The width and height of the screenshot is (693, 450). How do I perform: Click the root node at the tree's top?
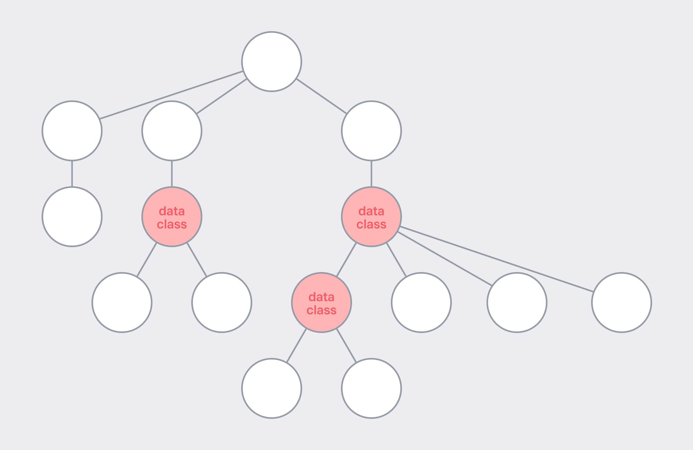pyautogui.click(x=272, y=62)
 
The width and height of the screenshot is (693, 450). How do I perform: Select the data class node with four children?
pyautogui.click(x=371, y=217)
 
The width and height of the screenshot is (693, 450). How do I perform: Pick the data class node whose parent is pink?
pyautogui.click(x=322, y=303)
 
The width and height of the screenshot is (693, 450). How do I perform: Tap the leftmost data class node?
pyautogui.click(x=172, y=217)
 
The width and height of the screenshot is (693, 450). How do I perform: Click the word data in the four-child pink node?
pyautogui.click(x=371, y=211)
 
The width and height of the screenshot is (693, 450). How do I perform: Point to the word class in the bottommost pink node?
pyautogui.click(x=322, y=310)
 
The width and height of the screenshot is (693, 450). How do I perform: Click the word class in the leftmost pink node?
pyautogui.click(x=172, y=224)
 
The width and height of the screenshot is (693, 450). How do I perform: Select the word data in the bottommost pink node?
pyautogui.click(x=322, y=297)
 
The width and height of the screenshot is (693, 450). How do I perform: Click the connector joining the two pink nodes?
pyautogui.click(x=346, y=260)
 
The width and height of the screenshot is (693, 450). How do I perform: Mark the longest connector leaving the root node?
pyautogui.click(x=171, y=95)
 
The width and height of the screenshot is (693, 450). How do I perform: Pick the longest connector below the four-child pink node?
pyautogui.click(x=497, y=259)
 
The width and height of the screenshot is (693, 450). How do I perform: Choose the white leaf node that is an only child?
pyautogui.click(x=72, y=217)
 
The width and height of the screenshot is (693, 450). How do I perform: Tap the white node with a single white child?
pyautogui.click(x=72, y=131)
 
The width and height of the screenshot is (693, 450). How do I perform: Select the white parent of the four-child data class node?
pyautogui.click(x=371, y=131)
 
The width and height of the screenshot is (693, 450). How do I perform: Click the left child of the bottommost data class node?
pyautogui.click(x=272, y=388)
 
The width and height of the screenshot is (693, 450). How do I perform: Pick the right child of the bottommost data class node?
pyautogui.click(x=371, y=388)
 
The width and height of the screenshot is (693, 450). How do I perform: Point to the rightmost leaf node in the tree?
pyautogui.click(x=622, y=303)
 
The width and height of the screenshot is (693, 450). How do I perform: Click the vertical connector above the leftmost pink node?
pyautogui.click(x=172, y=174)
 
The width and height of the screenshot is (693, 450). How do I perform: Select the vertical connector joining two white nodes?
pyautogui.click(x=72, y=174)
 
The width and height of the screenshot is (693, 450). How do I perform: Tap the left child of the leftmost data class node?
pyautogui.click(x=122, y=303)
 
